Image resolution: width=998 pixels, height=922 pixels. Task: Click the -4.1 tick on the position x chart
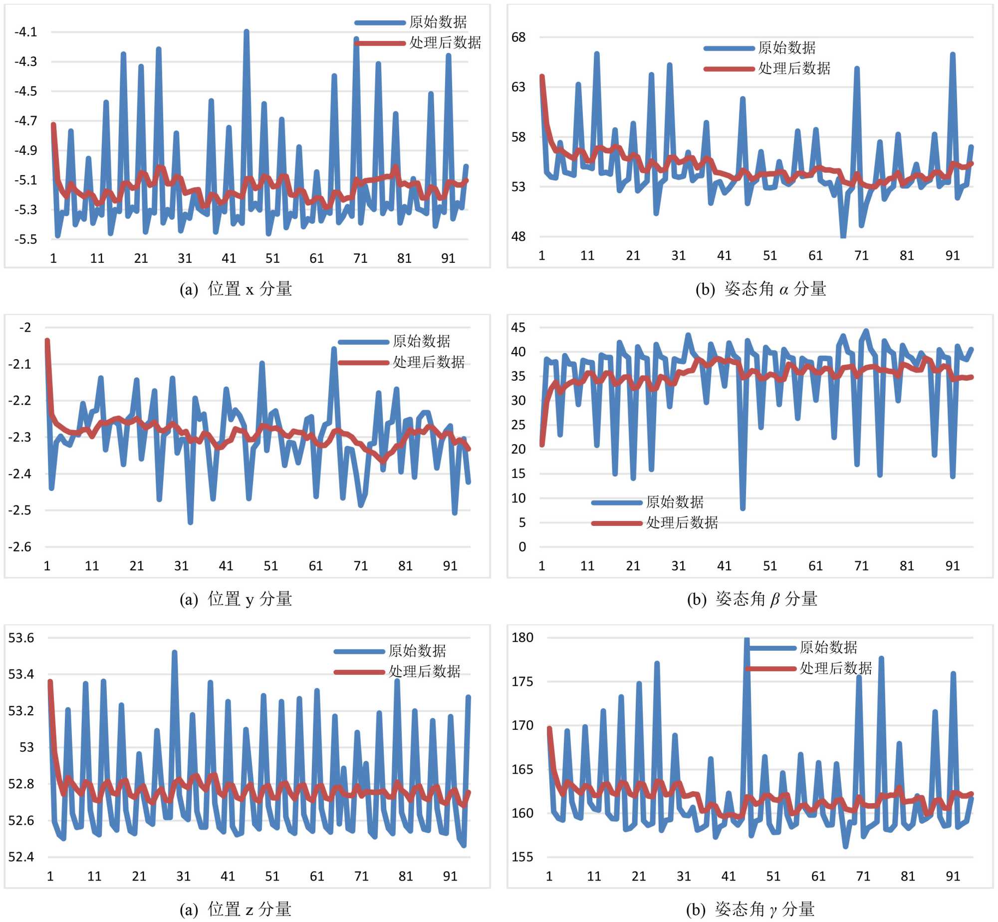point(26,32)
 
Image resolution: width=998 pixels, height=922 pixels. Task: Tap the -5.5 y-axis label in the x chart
point(26,239)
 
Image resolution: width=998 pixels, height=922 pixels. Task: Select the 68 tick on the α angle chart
point(519,37)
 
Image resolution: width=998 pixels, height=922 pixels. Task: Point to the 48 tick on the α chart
point(519,236)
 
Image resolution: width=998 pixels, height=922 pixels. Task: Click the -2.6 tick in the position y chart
point(20,547)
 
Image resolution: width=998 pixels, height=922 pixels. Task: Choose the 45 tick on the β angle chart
point(518,328)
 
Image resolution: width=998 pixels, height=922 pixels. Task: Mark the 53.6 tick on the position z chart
point(21,638)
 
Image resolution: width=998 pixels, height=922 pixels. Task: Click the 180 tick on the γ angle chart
point(522,638)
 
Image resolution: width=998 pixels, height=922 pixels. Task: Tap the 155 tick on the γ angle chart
point(522,857)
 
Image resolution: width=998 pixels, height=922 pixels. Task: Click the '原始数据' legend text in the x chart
point(438,22)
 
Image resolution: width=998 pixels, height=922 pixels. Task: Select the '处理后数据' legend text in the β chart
point(682,523)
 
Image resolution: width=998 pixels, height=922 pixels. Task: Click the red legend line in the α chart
point(729,68)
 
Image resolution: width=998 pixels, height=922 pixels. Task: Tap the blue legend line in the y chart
point(363,342)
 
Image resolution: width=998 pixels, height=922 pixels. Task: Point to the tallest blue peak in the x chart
point(247,32)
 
